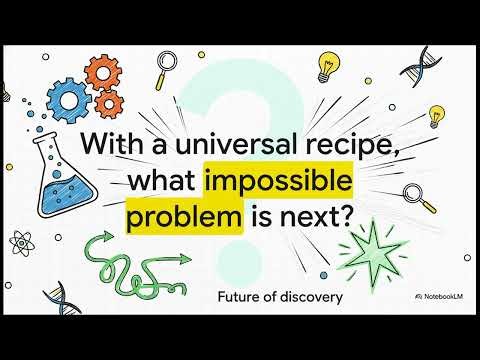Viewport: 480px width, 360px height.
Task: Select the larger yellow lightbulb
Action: (x=322, y=65)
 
